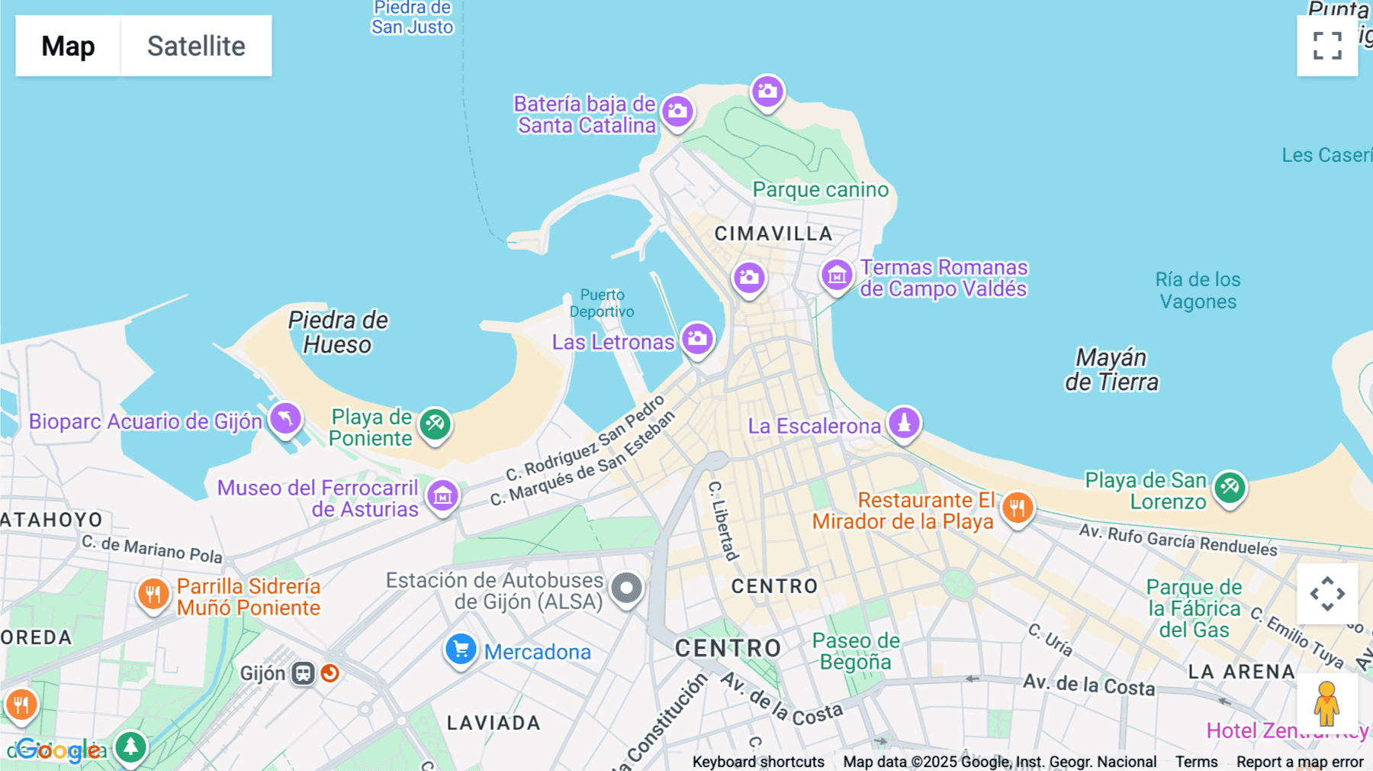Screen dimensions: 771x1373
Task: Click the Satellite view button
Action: (x=196, y=46)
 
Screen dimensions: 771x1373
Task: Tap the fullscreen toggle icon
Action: (x=1327, y=46)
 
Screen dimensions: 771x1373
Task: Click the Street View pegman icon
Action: (x=1326, y=703)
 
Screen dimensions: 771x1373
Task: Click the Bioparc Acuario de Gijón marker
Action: (x=285, y=419)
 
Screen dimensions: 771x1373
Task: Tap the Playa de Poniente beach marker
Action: (x=435, y=424)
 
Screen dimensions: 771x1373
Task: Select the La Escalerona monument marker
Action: (x=904, y=424)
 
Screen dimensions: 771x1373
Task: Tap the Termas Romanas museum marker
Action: (x=837, y=276)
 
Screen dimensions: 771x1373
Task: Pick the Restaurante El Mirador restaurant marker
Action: (x=1018, y=508)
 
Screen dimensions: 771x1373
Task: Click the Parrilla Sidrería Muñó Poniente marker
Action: (x=153, y=594)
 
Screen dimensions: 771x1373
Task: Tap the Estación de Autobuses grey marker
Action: (x=626, y=589)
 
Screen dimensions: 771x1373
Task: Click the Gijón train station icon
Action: (x=304, y=673)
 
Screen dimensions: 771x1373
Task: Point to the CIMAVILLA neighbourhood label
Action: (x=773, y=234)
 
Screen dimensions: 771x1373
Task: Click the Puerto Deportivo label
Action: (x=602, y=303)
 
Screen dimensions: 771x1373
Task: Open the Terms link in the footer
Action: (x=1196, y=761)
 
